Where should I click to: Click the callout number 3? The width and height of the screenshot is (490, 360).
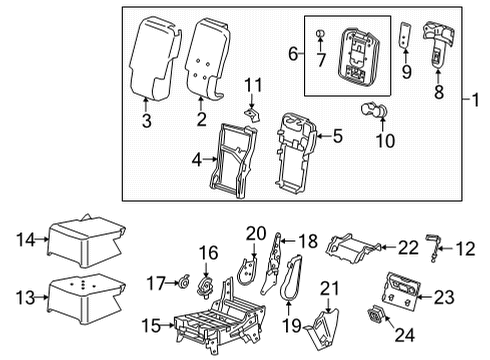[x=148, y=122]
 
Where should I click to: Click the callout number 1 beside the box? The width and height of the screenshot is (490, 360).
[x=478, y=101]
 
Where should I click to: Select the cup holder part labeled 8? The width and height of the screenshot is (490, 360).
[x=437, y=37]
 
